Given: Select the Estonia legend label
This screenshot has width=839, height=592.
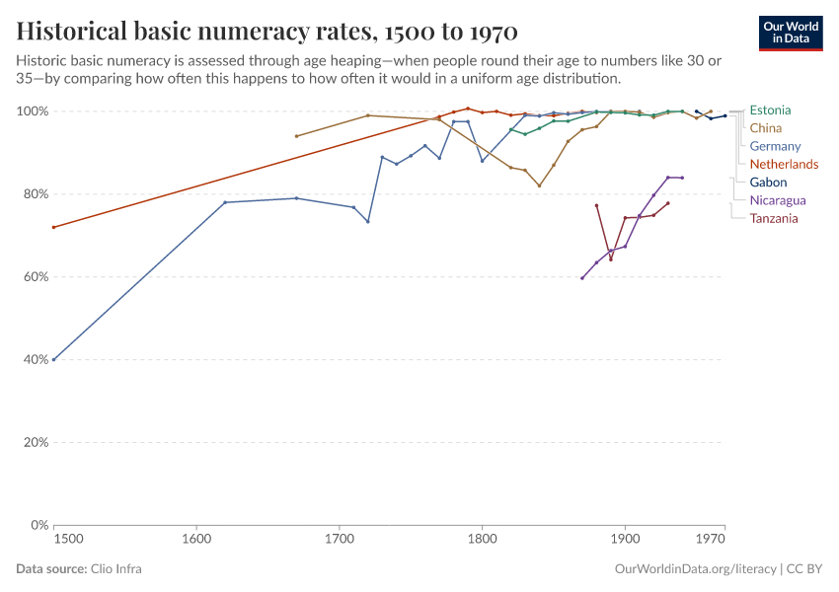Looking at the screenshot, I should pyautogui.click(x=770, y=111).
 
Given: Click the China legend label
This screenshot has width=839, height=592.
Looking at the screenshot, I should pyautogui.click(x=766, y=128).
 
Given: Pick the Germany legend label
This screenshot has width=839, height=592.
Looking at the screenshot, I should pyautogui.click(x=775, y=146).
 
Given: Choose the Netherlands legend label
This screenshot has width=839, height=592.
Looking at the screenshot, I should pyautogui.click(x=784, y=164).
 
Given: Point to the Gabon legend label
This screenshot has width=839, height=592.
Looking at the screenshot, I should pyautogui.click(x=769, y=183).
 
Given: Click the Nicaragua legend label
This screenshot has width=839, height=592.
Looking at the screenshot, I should pyautogui.click(x=778, y=200).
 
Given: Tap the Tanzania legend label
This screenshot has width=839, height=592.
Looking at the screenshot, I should pyautogui.click(x=774, y=218).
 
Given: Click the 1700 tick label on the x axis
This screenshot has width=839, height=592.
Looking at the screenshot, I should pyautogui.click(x=340, y=539).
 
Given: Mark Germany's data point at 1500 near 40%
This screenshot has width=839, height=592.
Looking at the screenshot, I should pyautogui.click(x=53, y=359).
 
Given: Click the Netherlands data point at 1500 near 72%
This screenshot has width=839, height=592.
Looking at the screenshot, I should pyautogui.click(x=53, y=227).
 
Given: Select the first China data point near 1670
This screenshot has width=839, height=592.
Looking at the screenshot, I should pyautogui.click(x=296, y=136).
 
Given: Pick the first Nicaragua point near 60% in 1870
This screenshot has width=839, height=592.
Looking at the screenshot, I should pyautogui.click(x=582, y=278).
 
